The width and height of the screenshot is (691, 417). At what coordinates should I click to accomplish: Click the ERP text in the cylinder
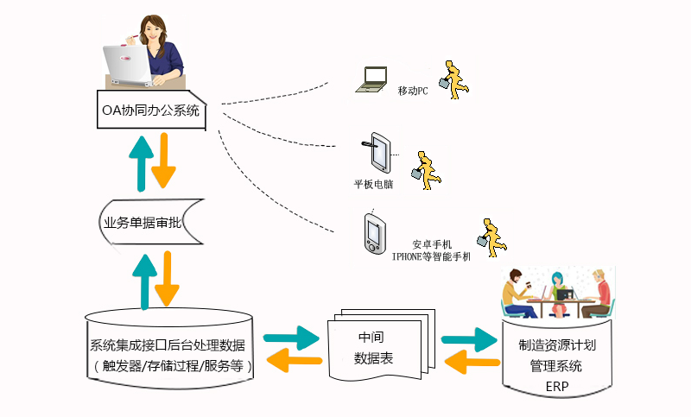(556, 386)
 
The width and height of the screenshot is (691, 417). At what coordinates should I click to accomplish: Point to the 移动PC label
(413, 91)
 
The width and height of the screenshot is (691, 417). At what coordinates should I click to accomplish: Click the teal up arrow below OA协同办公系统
(140, 161)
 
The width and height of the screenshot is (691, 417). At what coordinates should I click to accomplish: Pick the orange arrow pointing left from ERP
(470, 360)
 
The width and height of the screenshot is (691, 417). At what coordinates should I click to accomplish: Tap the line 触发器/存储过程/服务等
(173, 366)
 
